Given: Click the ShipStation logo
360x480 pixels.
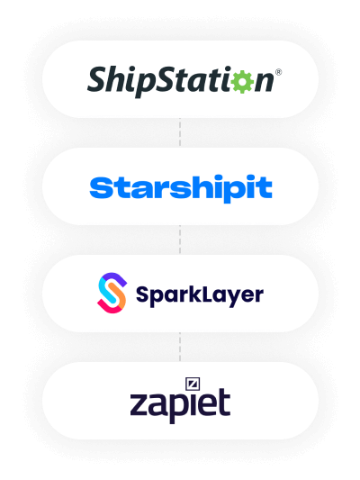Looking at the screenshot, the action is pyautogui.click(x=184, y=81).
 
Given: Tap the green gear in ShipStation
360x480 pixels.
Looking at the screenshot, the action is pyautogui.click(x=242, y=81).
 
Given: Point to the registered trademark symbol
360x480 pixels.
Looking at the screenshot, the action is pyautogui.click(x=278, y=72).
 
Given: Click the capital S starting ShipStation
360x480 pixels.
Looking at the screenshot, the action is pyautogui.click(x=99, y=78).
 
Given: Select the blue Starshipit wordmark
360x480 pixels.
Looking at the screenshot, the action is pyautogui.click(x=181, y=188).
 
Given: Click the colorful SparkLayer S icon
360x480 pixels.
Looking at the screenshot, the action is pyautogui.click(x=112, y=293).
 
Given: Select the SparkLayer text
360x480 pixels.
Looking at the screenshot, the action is pyautogui.click(x=200, y=295).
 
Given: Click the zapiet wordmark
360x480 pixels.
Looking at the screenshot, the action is pyautogui.click(x=180, y=401).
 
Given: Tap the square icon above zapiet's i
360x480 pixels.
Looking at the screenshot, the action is pyautogui.click(x=193, y=384).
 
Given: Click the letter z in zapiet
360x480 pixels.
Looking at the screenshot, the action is pyautogui.click(x=140, y=404).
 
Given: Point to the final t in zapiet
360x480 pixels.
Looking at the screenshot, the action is pyautogui.click(x=224, y=402).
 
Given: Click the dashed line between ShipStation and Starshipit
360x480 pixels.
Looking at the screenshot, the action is pyautogui.click(x=180, y=132).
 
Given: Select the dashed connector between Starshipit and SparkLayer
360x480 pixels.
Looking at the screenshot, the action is pyautogui.click(x=180, y=240).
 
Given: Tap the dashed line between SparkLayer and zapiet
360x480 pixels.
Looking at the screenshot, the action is pyautogui.click(x=180, y=347).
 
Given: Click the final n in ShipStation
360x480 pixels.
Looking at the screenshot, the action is pyautogui.click(x=264, y=82).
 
